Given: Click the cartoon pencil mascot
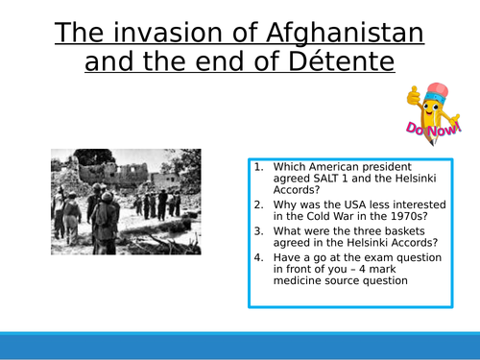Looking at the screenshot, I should [x=428, y=107].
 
